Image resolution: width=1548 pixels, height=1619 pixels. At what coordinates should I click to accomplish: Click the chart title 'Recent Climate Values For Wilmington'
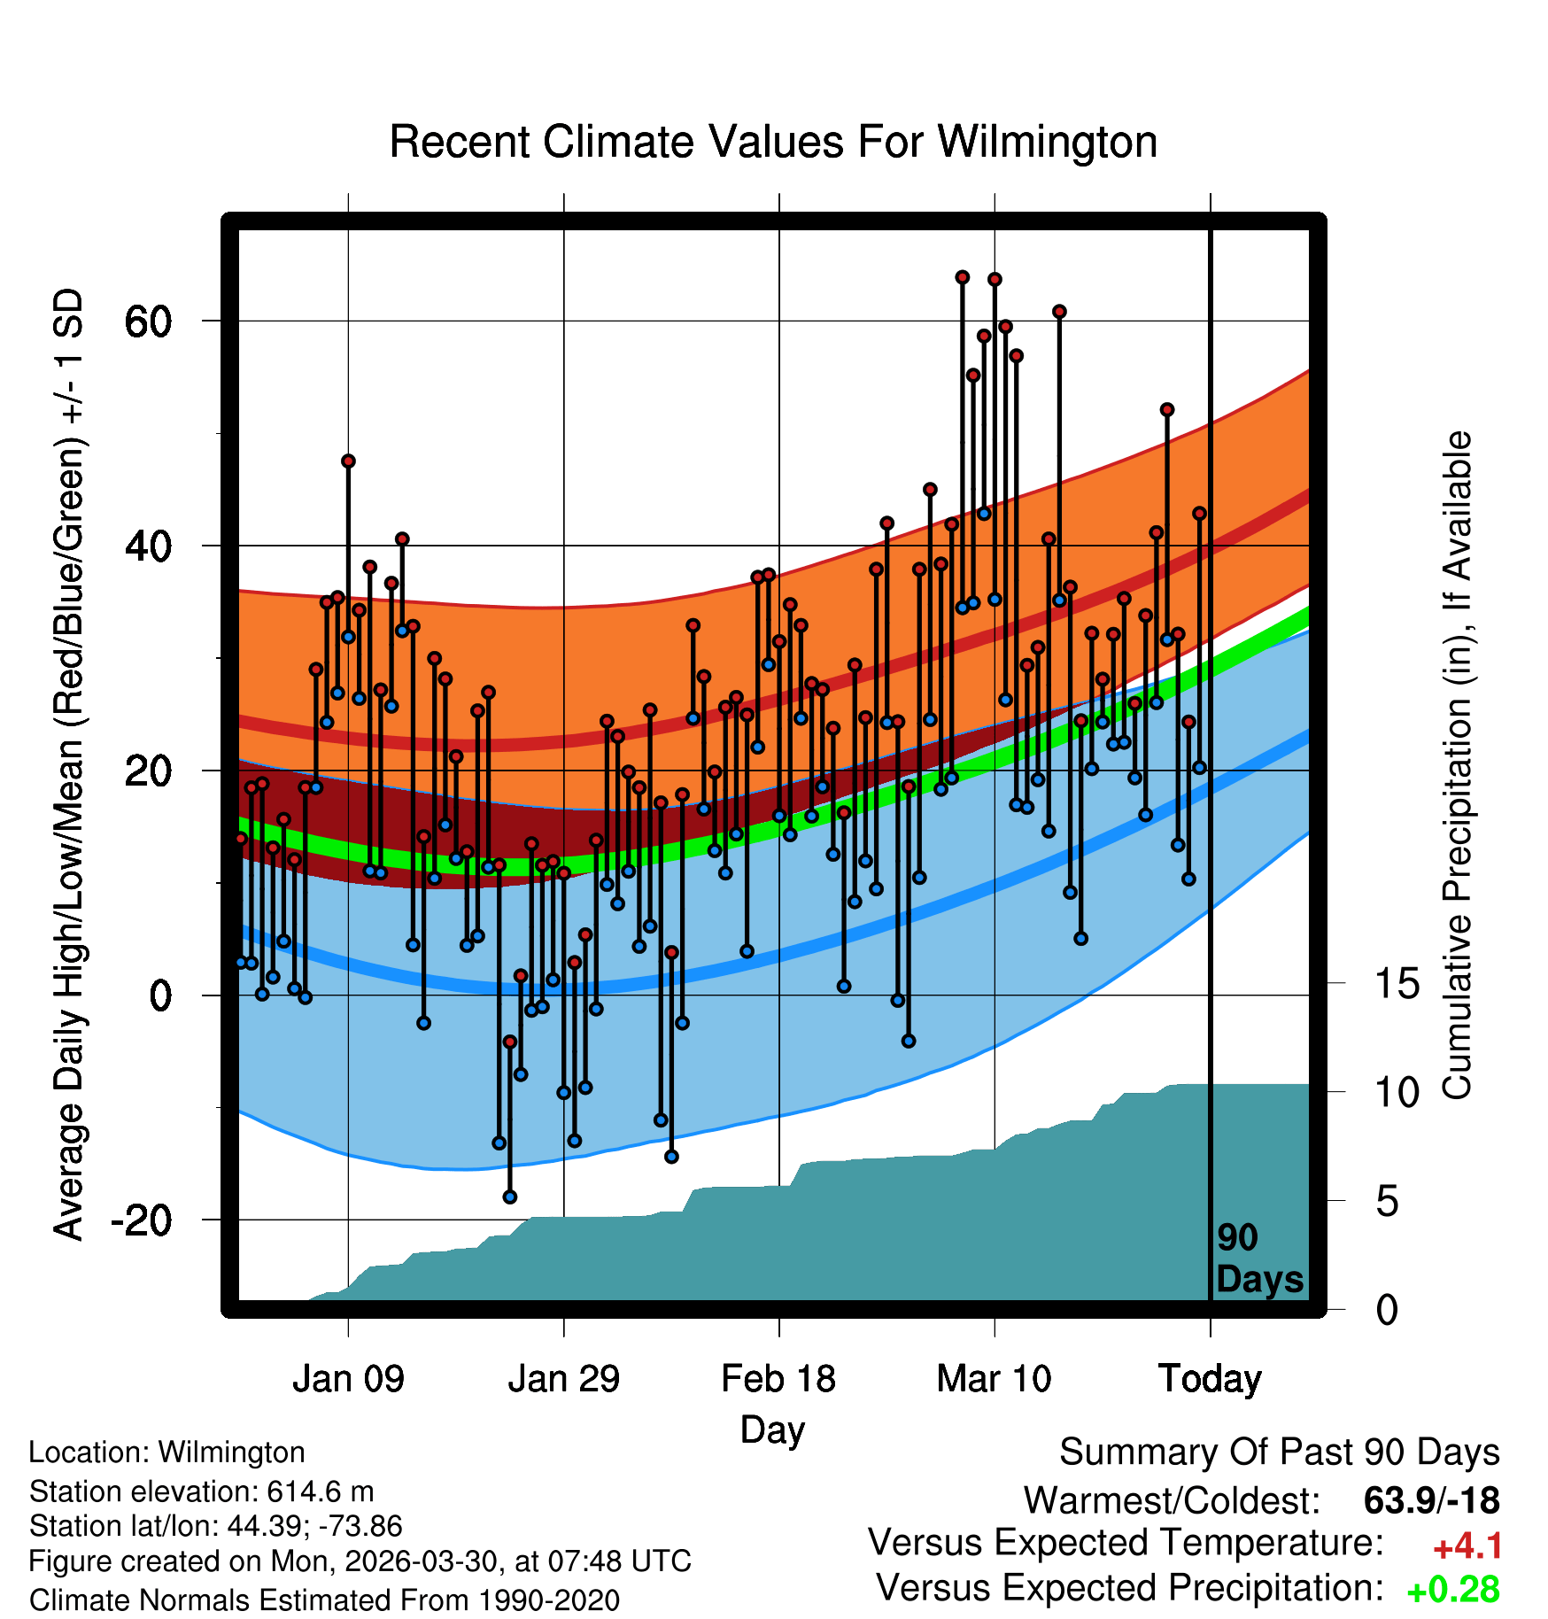(x=773, y=142)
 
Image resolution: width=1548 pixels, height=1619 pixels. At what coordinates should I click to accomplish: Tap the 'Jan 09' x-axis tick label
(x=348, y=1379)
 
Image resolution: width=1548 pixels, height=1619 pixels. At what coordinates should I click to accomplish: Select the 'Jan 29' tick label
(x=564, y=1379)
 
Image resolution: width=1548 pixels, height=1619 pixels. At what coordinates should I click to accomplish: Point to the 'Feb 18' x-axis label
(x=778, y=1379)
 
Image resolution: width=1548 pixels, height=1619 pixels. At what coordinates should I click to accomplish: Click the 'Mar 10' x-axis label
(x=994, y=1379)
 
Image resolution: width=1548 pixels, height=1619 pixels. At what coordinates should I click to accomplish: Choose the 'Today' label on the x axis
(x=1210, y=1379)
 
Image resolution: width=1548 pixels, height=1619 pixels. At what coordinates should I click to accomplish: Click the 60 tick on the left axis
(x=148, y=321)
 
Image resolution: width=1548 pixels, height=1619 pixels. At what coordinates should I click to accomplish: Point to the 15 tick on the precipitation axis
(x=1397, y=983)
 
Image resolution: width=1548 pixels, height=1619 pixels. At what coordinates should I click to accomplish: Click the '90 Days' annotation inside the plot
(x=1259, y=1259)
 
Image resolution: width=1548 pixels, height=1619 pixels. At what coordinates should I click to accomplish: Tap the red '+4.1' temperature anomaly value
(x=1467, y=1546)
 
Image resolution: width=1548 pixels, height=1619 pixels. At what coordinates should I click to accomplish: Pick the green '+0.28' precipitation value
(x=1453, y=1590)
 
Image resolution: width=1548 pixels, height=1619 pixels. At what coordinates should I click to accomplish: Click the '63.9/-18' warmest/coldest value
(x=1432, y=1500)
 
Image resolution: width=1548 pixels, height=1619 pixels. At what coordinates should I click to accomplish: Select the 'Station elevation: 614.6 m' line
(x=202, y=1491)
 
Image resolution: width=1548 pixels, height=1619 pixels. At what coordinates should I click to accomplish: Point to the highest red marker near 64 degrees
(x=963, y=277)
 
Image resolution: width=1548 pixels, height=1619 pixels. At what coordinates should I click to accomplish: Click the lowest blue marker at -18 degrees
(x=510, y=1197)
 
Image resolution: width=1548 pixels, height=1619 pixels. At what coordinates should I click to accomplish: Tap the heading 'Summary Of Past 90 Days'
(x=1280, y=1452)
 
